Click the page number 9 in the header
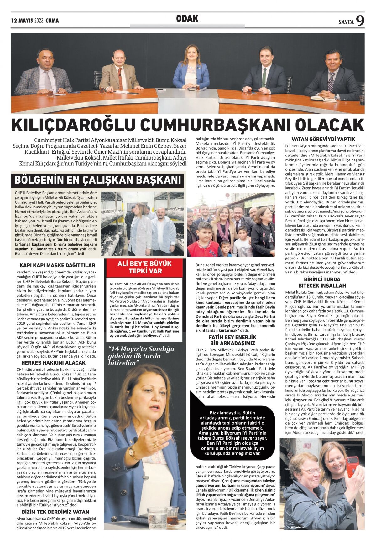pyautogui.click(x=360, y=21)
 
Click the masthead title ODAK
pyautogui.click(x=187, y=19)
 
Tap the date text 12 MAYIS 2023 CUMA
pyautogui.click(x=35, y=21)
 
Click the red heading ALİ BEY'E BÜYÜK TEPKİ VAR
pyautogui.click(x=144, y=267)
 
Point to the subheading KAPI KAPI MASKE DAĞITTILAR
pyautogui.click(x=57, y=265)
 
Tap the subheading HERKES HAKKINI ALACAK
pyautogui.click(x=53, y=363)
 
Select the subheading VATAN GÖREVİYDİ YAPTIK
pyautogui.click(x=323, y=139)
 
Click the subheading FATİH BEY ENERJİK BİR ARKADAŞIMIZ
pyautogui.click(x=232, y=340)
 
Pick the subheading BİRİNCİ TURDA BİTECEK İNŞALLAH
pyautogui.click(x=322, y=282)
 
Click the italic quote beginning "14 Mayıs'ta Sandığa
pyautogui.click(x=141, y=355)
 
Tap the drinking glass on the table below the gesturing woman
pyautogui.click(x=157, y=518)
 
